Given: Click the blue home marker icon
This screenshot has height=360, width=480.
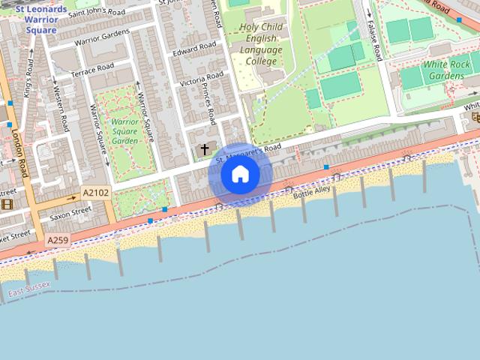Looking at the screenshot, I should (x=240, y=175).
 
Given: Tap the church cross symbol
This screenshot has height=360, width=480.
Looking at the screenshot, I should (x=205, y=150).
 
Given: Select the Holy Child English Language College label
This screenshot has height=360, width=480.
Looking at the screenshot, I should (x=261, y=44).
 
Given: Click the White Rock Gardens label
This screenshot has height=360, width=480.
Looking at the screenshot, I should (x=447, y=70).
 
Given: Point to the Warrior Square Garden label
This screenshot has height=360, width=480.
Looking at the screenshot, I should (x=124, y=130).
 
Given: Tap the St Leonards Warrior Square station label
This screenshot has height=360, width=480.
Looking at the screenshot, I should (x=40, y=19).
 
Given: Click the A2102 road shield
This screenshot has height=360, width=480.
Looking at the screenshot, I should (x=95, y=193).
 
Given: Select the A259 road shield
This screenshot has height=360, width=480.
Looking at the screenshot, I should (x=57, y=241).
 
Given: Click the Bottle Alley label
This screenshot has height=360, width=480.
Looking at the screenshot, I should (x=311, y=193).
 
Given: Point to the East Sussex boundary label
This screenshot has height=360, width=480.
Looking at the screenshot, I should (x=29, y=285).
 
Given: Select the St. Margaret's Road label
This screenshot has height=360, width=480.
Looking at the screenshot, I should (x=247, y=152).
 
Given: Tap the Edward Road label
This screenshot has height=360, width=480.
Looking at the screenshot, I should (x=193, y=52).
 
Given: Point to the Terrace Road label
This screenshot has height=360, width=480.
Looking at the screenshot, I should (x=92, y=70).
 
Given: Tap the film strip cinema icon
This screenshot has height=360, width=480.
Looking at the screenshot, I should (x=7, y=204).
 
